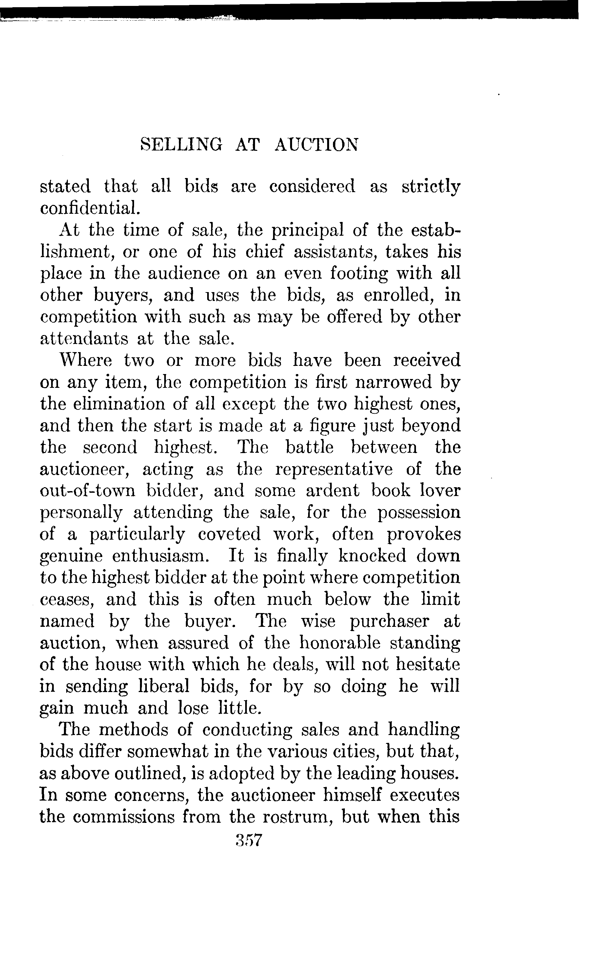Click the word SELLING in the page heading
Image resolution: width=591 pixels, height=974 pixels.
point(181,145)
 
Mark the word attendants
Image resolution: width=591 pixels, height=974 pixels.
point(84,339)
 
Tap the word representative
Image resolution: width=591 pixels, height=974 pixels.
point(334,469)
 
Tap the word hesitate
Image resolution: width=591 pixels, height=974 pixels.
point(428,665)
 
